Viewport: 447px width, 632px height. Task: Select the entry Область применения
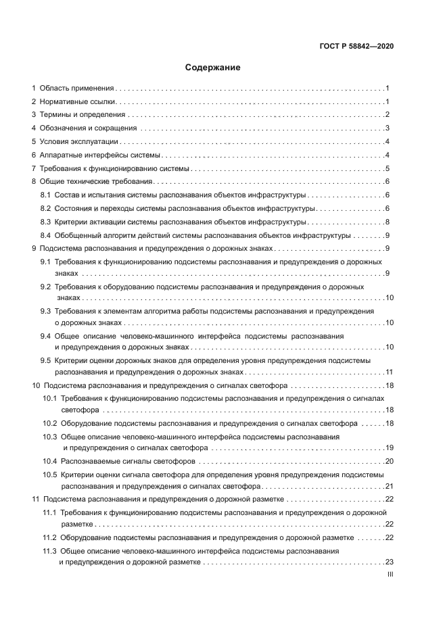(x=76, y=89)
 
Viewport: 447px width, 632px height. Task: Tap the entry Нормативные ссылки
(x=78, y=101)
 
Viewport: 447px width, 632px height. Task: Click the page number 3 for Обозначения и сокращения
(x=387, y=128)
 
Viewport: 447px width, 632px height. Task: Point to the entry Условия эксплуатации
(x=79, y=142)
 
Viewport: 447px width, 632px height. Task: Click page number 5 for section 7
(x=387, y=168)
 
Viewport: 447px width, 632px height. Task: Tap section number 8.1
(x=46, y=195)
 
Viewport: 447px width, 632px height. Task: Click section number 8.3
(x=46, y=222)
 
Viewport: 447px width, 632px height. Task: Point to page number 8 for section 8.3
(x=387, y=222)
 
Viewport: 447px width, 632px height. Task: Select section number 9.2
(x=46, y=287)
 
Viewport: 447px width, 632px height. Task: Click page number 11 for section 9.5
(x=389, y=372)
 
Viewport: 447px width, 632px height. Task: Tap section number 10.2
(x=49, y=424)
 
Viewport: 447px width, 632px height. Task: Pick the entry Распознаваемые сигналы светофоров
(x=128, y=461)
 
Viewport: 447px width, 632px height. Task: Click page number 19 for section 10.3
(x=389, y=447)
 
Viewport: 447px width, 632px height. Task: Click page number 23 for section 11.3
(x=389, y=562)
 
